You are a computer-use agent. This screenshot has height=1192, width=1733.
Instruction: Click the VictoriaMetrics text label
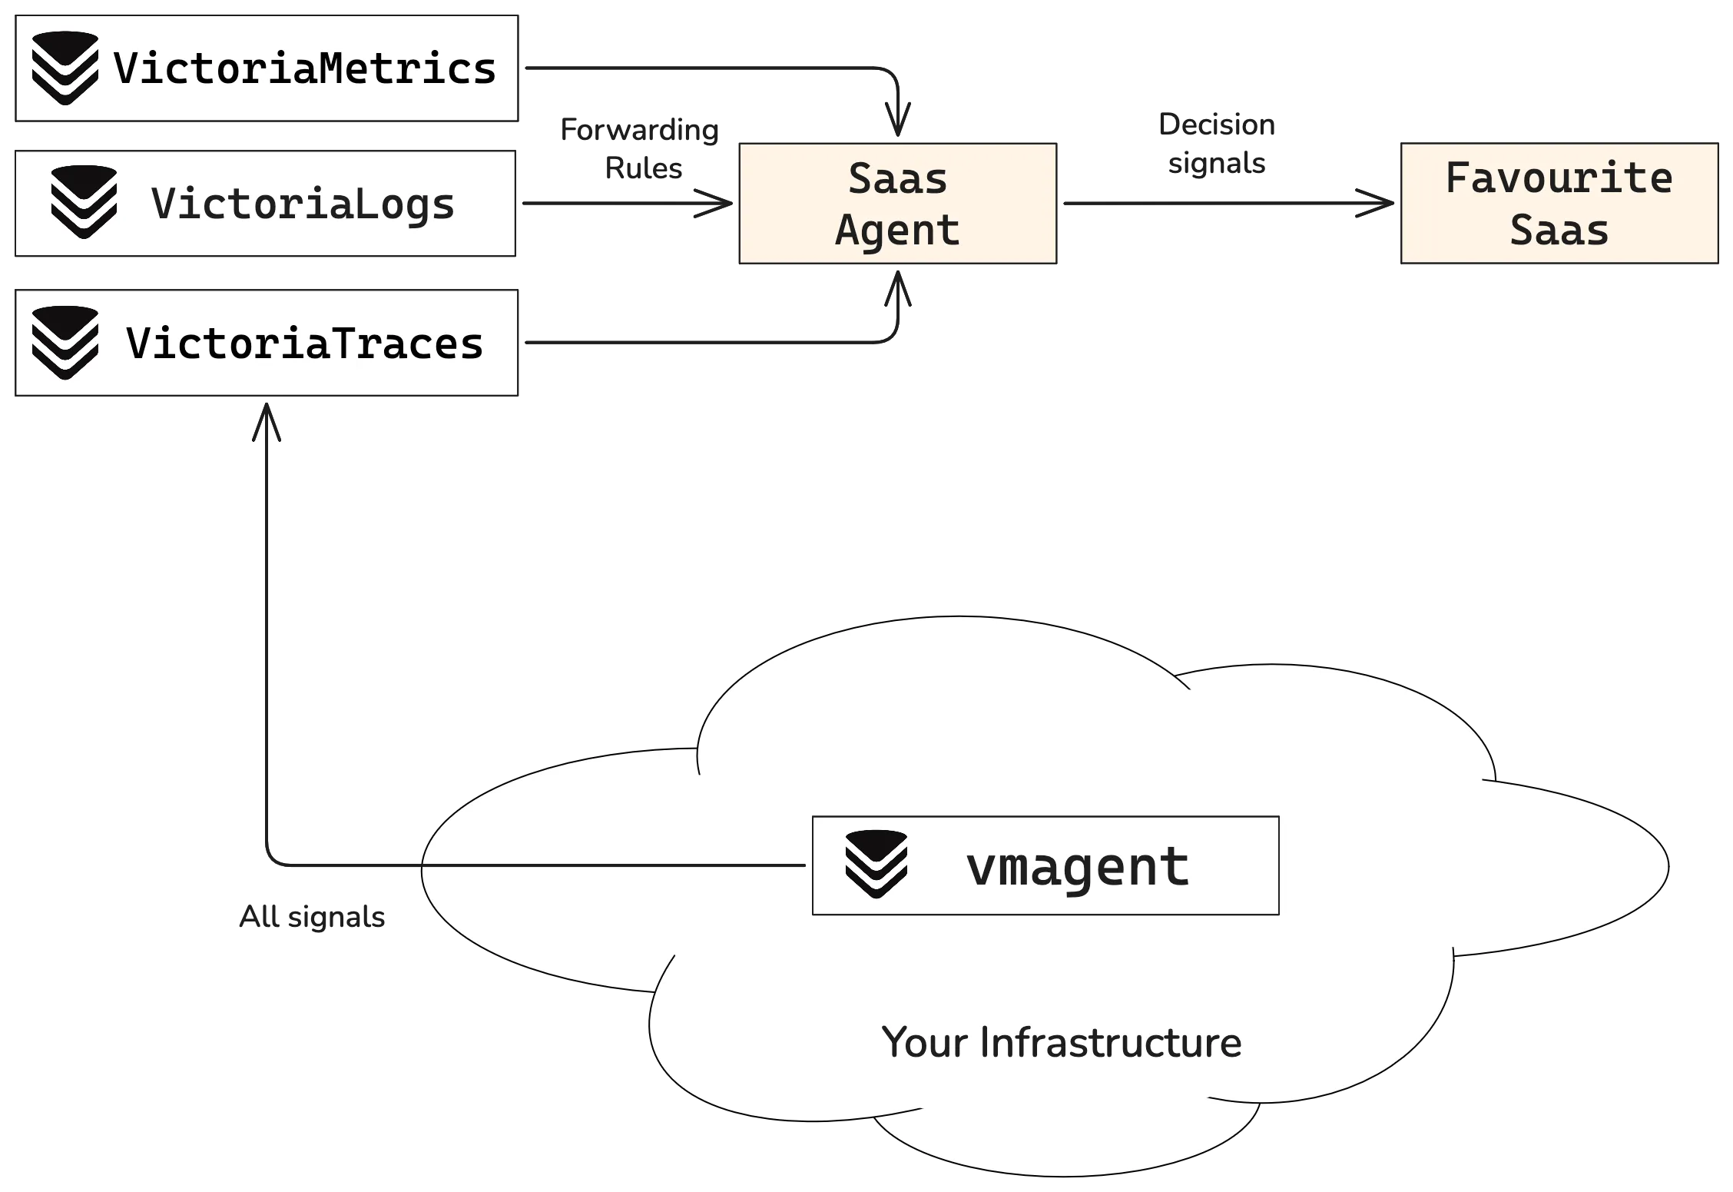point(305,68)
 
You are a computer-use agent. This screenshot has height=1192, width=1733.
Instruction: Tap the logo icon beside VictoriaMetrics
point(65,68)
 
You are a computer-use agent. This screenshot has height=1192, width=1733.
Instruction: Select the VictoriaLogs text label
point(303,204)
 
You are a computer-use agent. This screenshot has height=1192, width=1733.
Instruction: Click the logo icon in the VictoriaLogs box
point(84,203)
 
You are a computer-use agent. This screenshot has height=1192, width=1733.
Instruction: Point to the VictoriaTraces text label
point(305,343)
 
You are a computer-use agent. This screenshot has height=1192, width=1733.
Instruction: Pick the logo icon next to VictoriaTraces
point(65,343)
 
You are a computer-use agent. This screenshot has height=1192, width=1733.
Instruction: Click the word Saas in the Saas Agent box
point(897,178)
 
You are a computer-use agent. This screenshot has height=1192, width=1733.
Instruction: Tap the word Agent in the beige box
point(897,230)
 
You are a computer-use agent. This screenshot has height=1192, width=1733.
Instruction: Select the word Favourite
point(1559,178)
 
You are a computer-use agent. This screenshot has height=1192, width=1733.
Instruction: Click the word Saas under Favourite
point(1559,230)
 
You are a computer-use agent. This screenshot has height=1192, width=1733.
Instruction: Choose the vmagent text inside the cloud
point(1077,866)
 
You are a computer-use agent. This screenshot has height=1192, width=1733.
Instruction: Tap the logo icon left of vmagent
point(876,865)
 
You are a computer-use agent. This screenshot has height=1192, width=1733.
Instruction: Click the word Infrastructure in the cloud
point(1110,1043)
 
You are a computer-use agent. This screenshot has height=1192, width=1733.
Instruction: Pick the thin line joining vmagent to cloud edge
point(615,865)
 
